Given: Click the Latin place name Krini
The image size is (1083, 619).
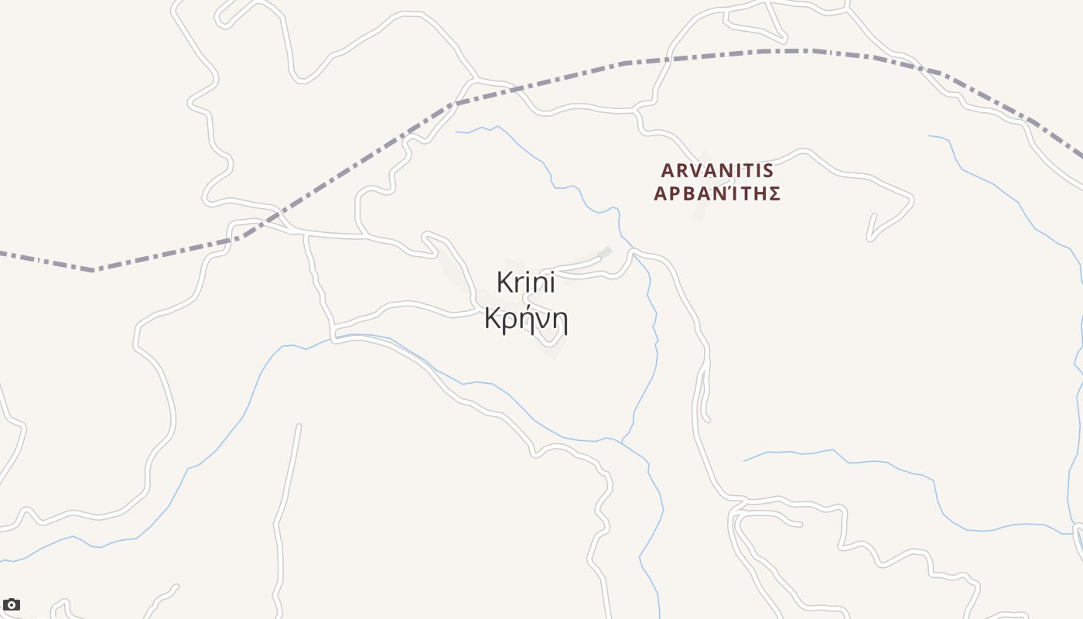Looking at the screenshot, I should point(526,282).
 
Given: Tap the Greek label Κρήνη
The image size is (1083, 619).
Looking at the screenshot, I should point(526,318).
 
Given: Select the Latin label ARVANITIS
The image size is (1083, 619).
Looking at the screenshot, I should point(717,170).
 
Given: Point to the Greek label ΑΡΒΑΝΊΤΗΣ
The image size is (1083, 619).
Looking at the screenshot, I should point(717,193).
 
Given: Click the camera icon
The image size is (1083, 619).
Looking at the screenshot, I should point(12,604).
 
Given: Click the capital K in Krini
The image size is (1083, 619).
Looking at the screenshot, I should point(504,282).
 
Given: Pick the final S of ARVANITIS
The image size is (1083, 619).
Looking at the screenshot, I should point(768,170).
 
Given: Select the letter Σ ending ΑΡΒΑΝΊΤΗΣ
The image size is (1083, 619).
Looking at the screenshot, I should point(773,193).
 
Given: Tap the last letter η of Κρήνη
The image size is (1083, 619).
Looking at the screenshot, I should point(560,320).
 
